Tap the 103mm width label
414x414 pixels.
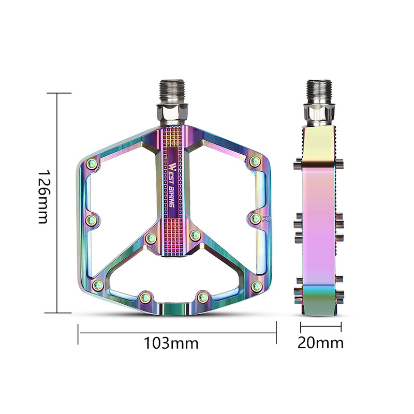(171, 343)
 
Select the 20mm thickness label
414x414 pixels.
(321, 343)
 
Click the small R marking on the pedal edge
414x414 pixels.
(267, 219)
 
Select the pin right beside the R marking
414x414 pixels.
(255, 219)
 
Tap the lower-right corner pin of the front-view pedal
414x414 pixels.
(255, 286)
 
